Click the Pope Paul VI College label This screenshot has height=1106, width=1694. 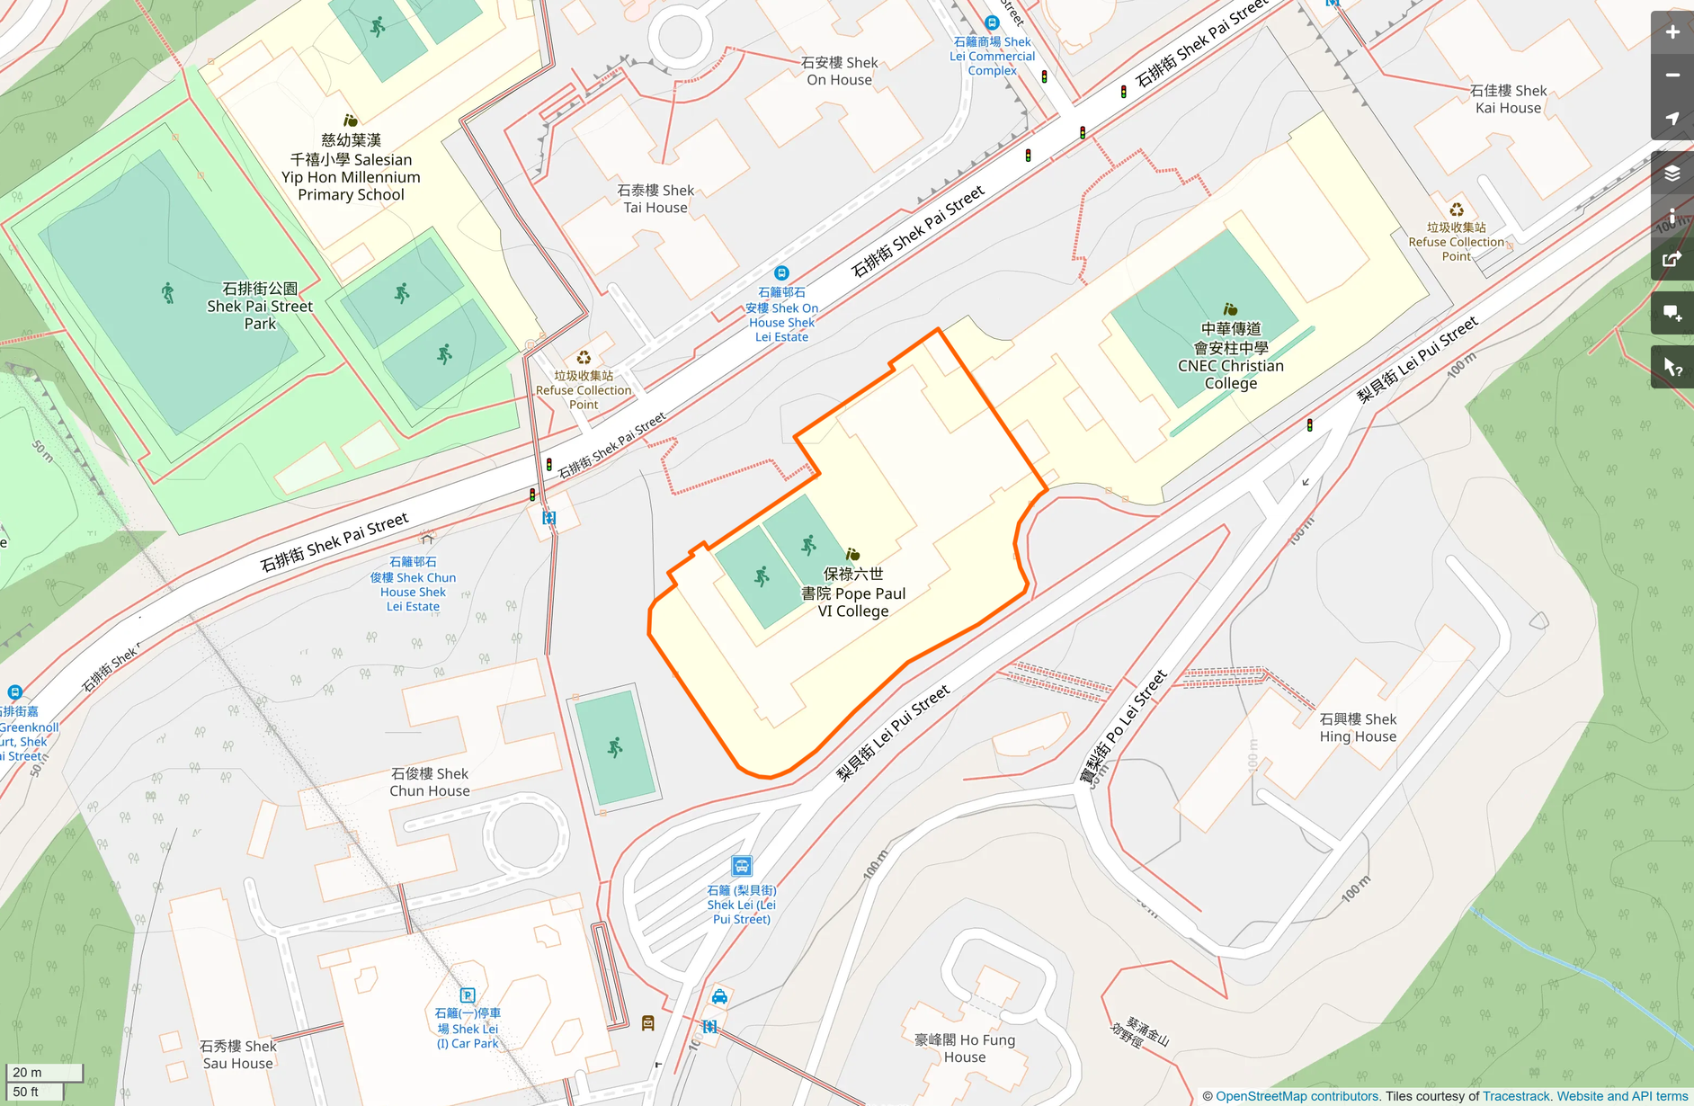point(853,593)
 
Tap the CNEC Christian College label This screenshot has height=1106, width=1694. point(1230,356)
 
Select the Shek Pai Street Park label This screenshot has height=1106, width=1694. point(260,306)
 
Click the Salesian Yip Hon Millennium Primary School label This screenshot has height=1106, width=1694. point(351,168)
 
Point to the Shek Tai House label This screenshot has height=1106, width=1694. point(655,199)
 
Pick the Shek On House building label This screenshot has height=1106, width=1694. point(839,71)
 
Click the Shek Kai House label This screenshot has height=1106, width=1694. point(1508,99)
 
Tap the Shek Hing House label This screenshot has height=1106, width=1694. point(1358,727)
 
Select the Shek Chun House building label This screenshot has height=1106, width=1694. point(430,782)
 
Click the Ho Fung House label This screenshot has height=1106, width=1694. point(965,1048)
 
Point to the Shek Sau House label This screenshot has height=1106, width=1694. point(238,1055)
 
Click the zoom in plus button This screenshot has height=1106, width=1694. point(1672,32)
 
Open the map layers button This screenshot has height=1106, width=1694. point(1672,174)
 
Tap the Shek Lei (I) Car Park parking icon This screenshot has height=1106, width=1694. point(468,995)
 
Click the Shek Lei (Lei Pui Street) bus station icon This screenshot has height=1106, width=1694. point(742,866)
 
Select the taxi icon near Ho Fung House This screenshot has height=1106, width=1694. point(719,996)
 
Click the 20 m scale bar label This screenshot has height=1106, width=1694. point(27,1072)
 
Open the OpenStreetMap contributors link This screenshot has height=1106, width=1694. point(1297,1096)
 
